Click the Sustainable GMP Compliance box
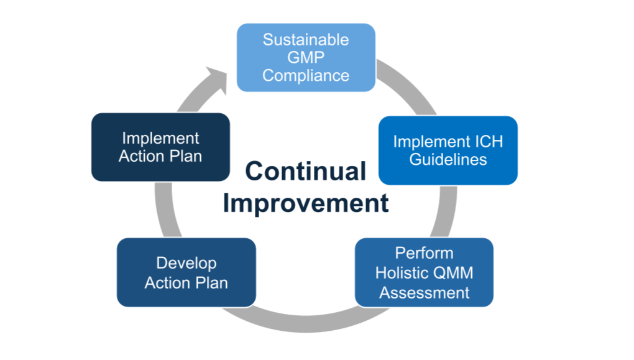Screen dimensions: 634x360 (306, 57)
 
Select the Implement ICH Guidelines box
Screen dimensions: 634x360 (448, 150)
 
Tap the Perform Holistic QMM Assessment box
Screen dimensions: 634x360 (424, 272)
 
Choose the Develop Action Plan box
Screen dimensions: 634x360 (186, 272)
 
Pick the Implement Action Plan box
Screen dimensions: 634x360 (160, 147)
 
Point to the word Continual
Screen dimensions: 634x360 (306, 171)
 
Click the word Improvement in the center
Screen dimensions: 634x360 (306, 203)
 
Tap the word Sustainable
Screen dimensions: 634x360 (306, 40)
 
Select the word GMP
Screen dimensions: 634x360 (306, 57)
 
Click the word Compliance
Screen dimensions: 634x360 (306, 76)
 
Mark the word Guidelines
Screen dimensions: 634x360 (448, 159)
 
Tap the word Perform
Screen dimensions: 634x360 (424, 253)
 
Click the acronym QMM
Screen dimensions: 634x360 (453, 272)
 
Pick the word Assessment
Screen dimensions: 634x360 (424, 292)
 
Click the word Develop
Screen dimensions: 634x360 (186, 264)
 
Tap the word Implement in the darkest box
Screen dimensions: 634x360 (160, 139)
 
